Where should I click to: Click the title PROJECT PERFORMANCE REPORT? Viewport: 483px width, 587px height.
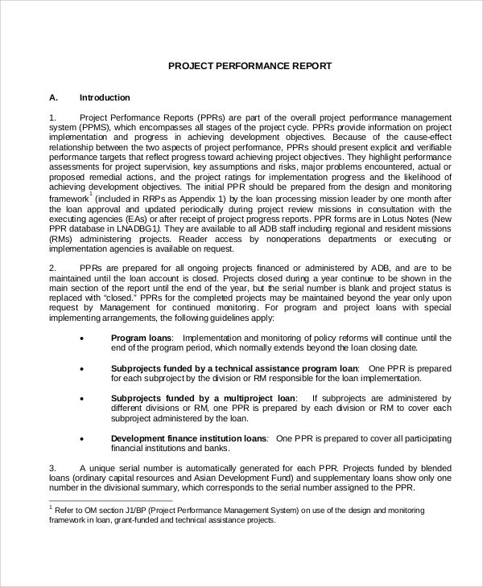click(249, 66)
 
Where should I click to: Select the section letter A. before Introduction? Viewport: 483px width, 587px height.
click(54, 98)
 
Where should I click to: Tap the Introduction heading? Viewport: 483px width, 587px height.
click(105, 98)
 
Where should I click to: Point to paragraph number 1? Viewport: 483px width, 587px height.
click(52, 117)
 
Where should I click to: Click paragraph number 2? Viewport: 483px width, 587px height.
click(52, 267)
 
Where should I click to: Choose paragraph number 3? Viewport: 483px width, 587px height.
click(52, 467)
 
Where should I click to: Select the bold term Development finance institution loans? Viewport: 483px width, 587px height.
click(188, 438)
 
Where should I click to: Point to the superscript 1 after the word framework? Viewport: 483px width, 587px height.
click(91, 193)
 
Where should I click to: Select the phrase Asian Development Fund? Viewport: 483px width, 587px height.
click(224, 478)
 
